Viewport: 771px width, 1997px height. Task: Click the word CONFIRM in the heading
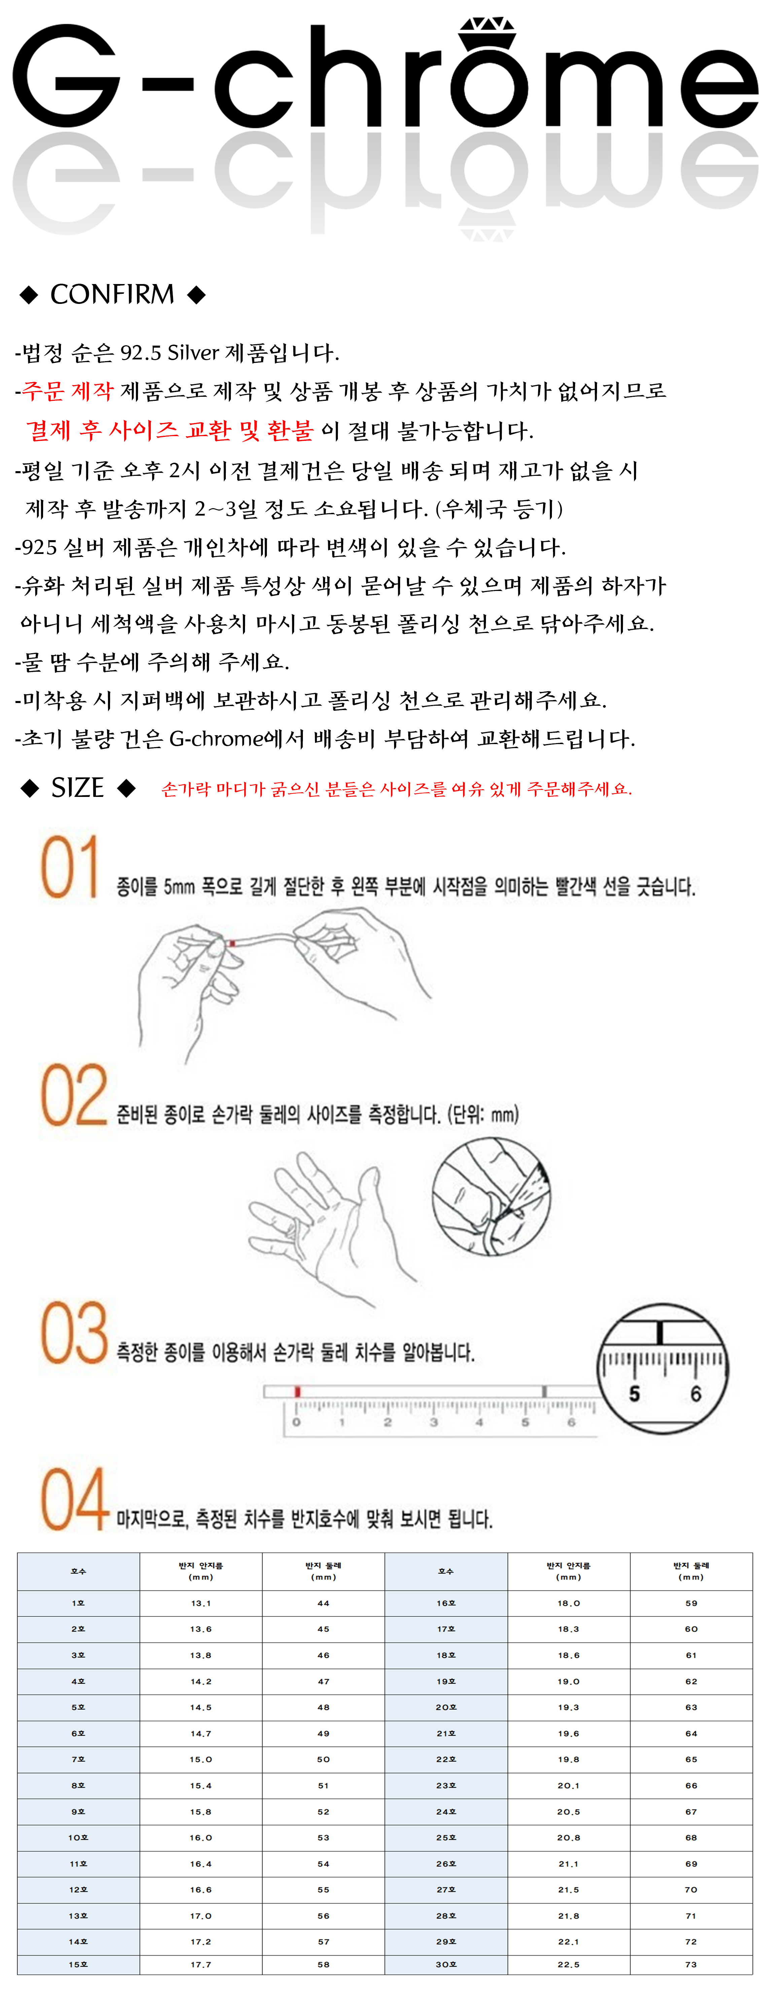coord(112,294)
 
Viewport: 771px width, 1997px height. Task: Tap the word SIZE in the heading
coord(77,787)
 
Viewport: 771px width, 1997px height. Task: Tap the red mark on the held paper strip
coord(232,943)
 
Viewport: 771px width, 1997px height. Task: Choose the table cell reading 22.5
coord(568,1964)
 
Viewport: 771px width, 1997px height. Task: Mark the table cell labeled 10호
coord(78,1837)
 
